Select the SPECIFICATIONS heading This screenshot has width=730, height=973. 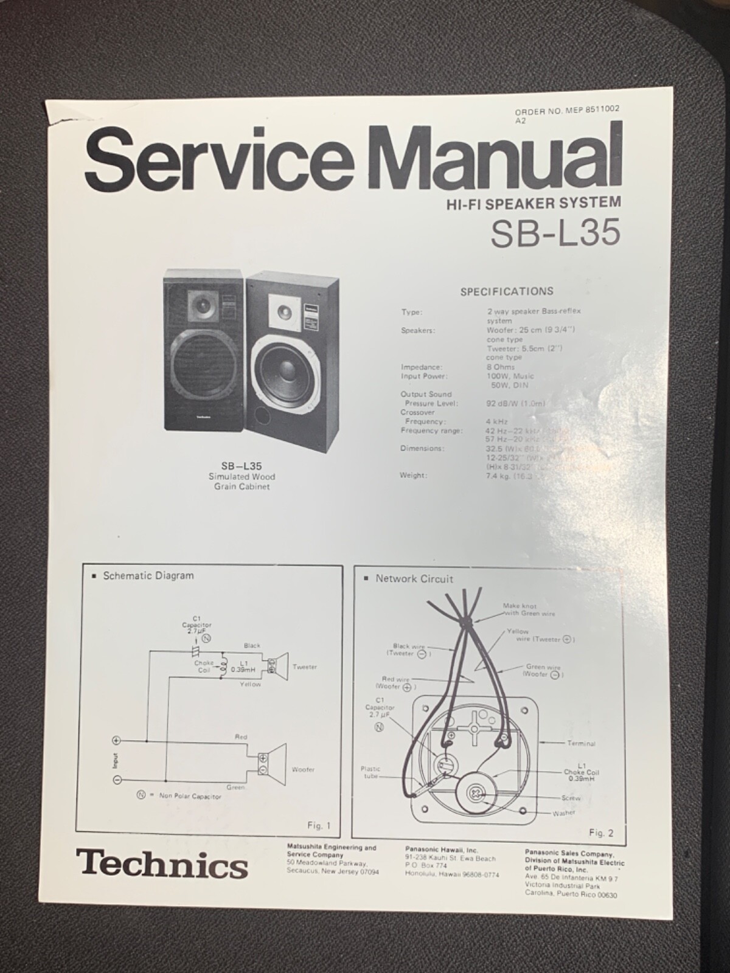pyautogui.click(x=507, y=292)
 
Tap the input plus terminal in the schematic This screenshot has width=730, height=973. pyautogui.click(x=117, y=741)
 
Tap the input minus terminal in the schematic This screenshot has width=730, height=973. pyautogui.click(x=117, y=780)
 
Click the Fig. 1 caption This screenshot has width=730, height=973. pyautogui.click(x=318, y=826)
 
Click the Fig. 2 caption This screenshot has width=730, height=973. pyautogui.click(x=600, y=833)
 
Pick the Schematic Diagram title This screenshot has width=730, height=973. pyautogui.click(x=148, y=575)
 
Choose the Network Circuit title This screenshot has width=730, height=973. pyautogui.click(x=414, y=579)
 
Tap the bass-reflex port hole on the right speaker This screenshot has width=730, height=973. pyautogui.click(x=262, y=416)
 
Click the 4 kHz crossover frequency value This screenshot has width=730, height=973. pyautogui.click(x=497, y=421)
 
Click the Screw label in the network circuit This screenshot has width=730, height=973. pyautogui.click(x=571, y=798)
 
